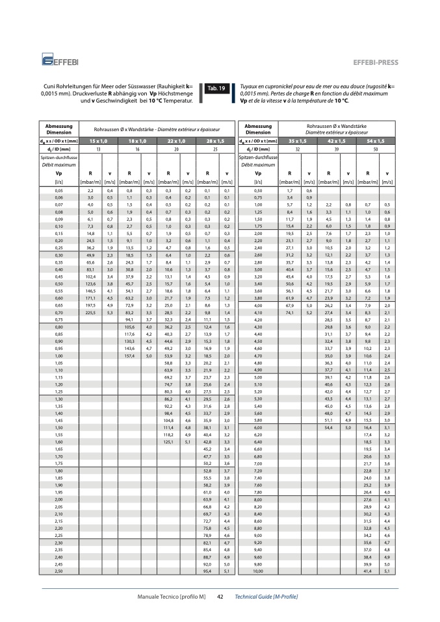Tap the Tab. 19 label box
tap(215, 88)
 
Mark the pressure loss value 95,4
tap(208, 571)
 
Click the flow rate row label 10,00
tap(258, 571)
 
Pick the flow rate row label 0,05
tap(59, 190)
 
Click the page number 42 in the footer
tap(220, 596)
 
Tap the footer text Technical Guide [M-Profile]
tap(266, 596)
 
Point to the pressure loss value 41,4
tap(368, 571)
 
